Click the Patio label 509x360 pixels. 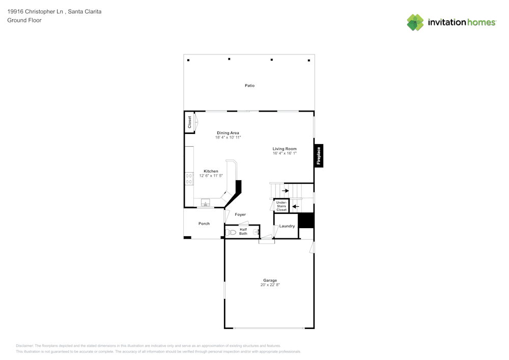249,86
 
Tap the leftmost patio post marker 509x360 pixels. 188,60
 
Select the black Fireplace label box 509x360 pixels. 319,156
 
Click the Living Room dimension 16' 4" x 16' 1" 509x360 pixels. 285,153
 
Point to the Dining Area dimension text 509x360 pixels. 228,137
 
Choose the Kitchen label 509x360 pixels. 211,171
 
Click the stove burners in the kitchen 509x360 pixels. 189,178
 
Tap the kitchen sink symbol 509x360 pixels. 206,203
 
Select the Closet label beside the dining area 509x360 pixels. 190,122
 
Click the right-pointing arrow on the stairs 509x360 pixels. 285,191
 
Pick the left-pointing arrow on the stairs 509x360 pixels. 295,206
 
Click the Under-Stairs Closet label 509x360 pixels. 281,206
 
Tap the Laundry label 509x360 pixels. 287,226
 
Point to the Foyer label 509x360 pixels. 240,215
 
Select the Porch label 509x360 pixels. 204,224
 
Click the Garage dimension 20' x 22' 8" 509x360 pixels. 270,285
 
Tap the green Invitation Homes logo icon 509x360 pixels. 415,22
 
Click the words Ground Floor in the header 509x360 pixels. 24,20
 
